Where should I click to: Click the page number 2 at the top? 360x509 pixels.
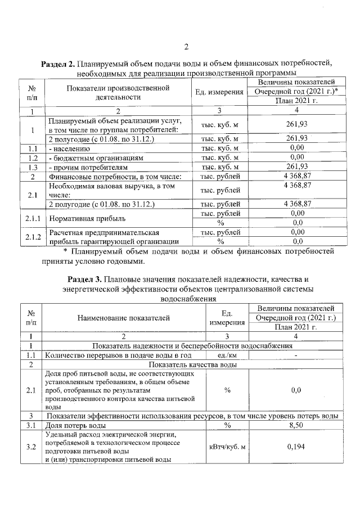click(x=186, y=47)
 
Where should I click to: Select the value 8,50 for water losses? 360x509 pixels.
click(x=295, y=425)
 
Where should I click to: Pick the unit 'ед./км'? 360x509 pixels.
click(x=228, y=355)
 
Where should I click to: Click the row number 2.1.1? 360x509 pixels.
click(x=32, y=218)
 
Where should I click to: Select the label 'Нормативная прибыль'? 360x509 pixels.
click(x=85, y=218)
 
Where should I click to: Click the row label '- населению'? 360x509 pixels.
click(x=71, y=148)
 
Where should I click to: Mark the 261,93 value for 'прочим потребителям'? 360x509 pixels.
click(x=295, y=167)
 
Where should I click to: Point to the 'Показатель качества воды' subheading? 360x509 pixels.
click(x=190, y=364)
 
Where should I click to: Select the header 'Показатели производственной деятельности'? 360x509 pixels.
click(x=117, y=92)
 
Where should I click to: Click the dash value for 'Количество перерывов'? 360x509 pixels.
click(x=295, y=355)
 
